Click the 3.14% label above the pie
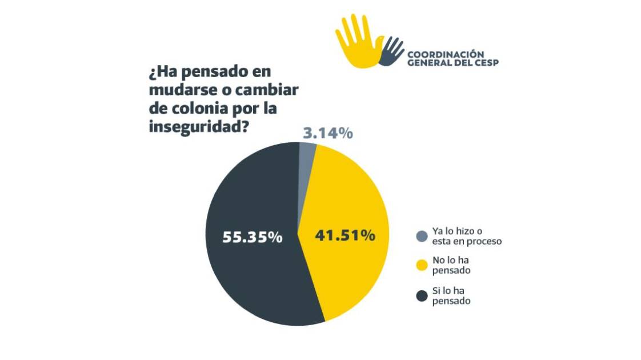pyautogui.click(x=326, y=133)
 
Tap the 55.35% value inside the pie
pyautogui.click(x=252, y=237)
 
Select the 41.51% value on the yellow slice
pyautogui.click(x=344, y=235)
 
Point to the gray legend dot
pyautogui.click(x=422, y=236)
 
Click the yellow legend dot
pyautogui.click(x=422, y=265)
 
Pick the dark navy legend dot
pyautogui.click(x=422, y=295)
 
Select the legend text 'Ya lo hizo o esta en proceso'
pyautogui.click(x=466, y=236)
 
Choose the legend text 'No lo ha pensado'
pyautogui.click(x=451, y=265)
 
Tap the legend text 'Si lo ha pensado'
pyautogui.click(x=451, y=295)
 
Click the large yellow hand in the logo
pyautogui.click(x=359, y=43)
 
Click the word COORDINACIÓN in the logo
pyautogui.click(x=445, y=54)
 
